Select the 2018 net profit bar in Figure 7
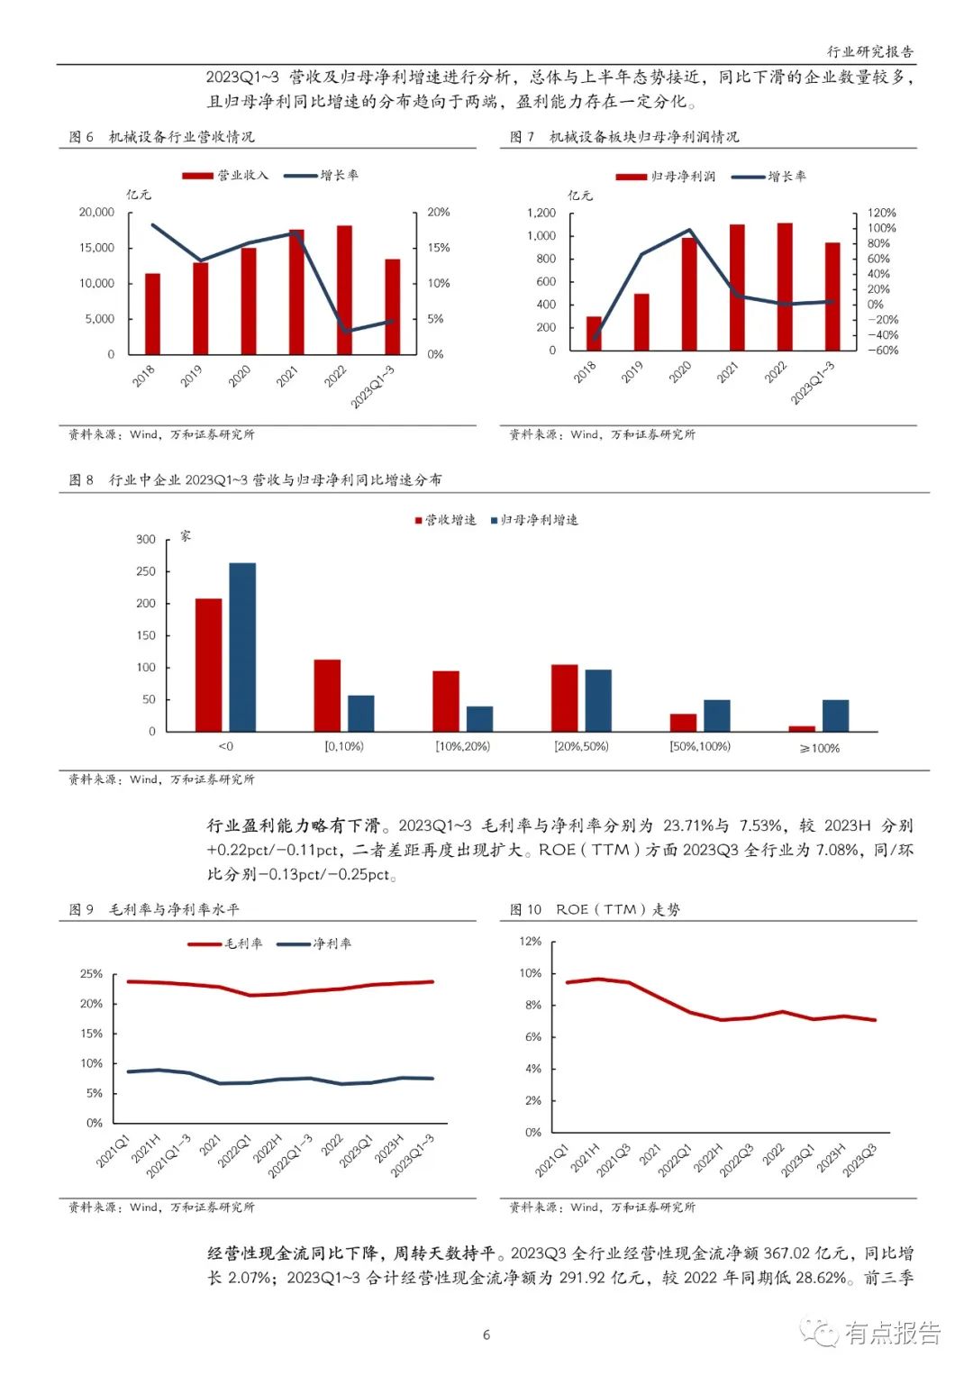(x=593, y=333)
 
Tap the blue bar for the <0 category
(x=242, y=647)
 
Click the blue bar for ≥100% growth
(x=835, y=715)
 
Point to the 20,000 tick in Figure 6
(x=97, y=213)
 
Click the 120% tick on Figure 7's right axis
(x=881, y=214)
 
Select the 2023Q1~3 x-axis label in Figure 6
(x=373, y=387)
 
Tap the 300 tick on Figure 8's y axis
(x=146, y=540)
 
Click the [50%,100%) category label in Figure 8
(x=700, y=747)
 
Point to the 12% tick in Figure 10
(x=531, y=942)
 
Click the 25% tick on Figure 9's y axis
(x=92, y=974)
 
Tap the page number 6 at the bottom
(x=486, y=1335)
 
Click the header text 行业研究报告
(x=869, y=52)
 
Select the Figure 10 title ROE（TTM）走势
(x=617, y=910)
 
